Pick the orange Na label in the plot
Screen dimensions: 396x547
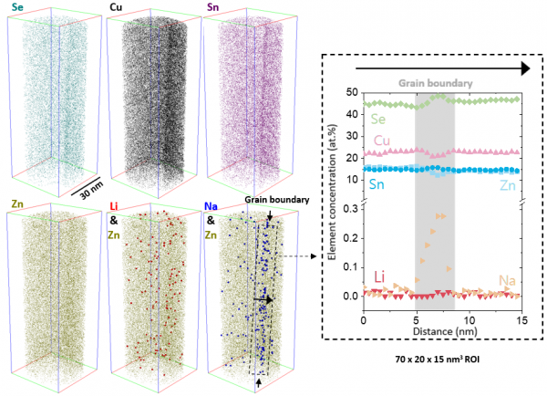[507, 279]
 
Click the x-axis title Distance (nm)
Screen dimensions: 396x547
[442, 332]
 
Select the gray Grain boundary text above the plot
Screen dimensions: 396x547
[435, 83]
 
